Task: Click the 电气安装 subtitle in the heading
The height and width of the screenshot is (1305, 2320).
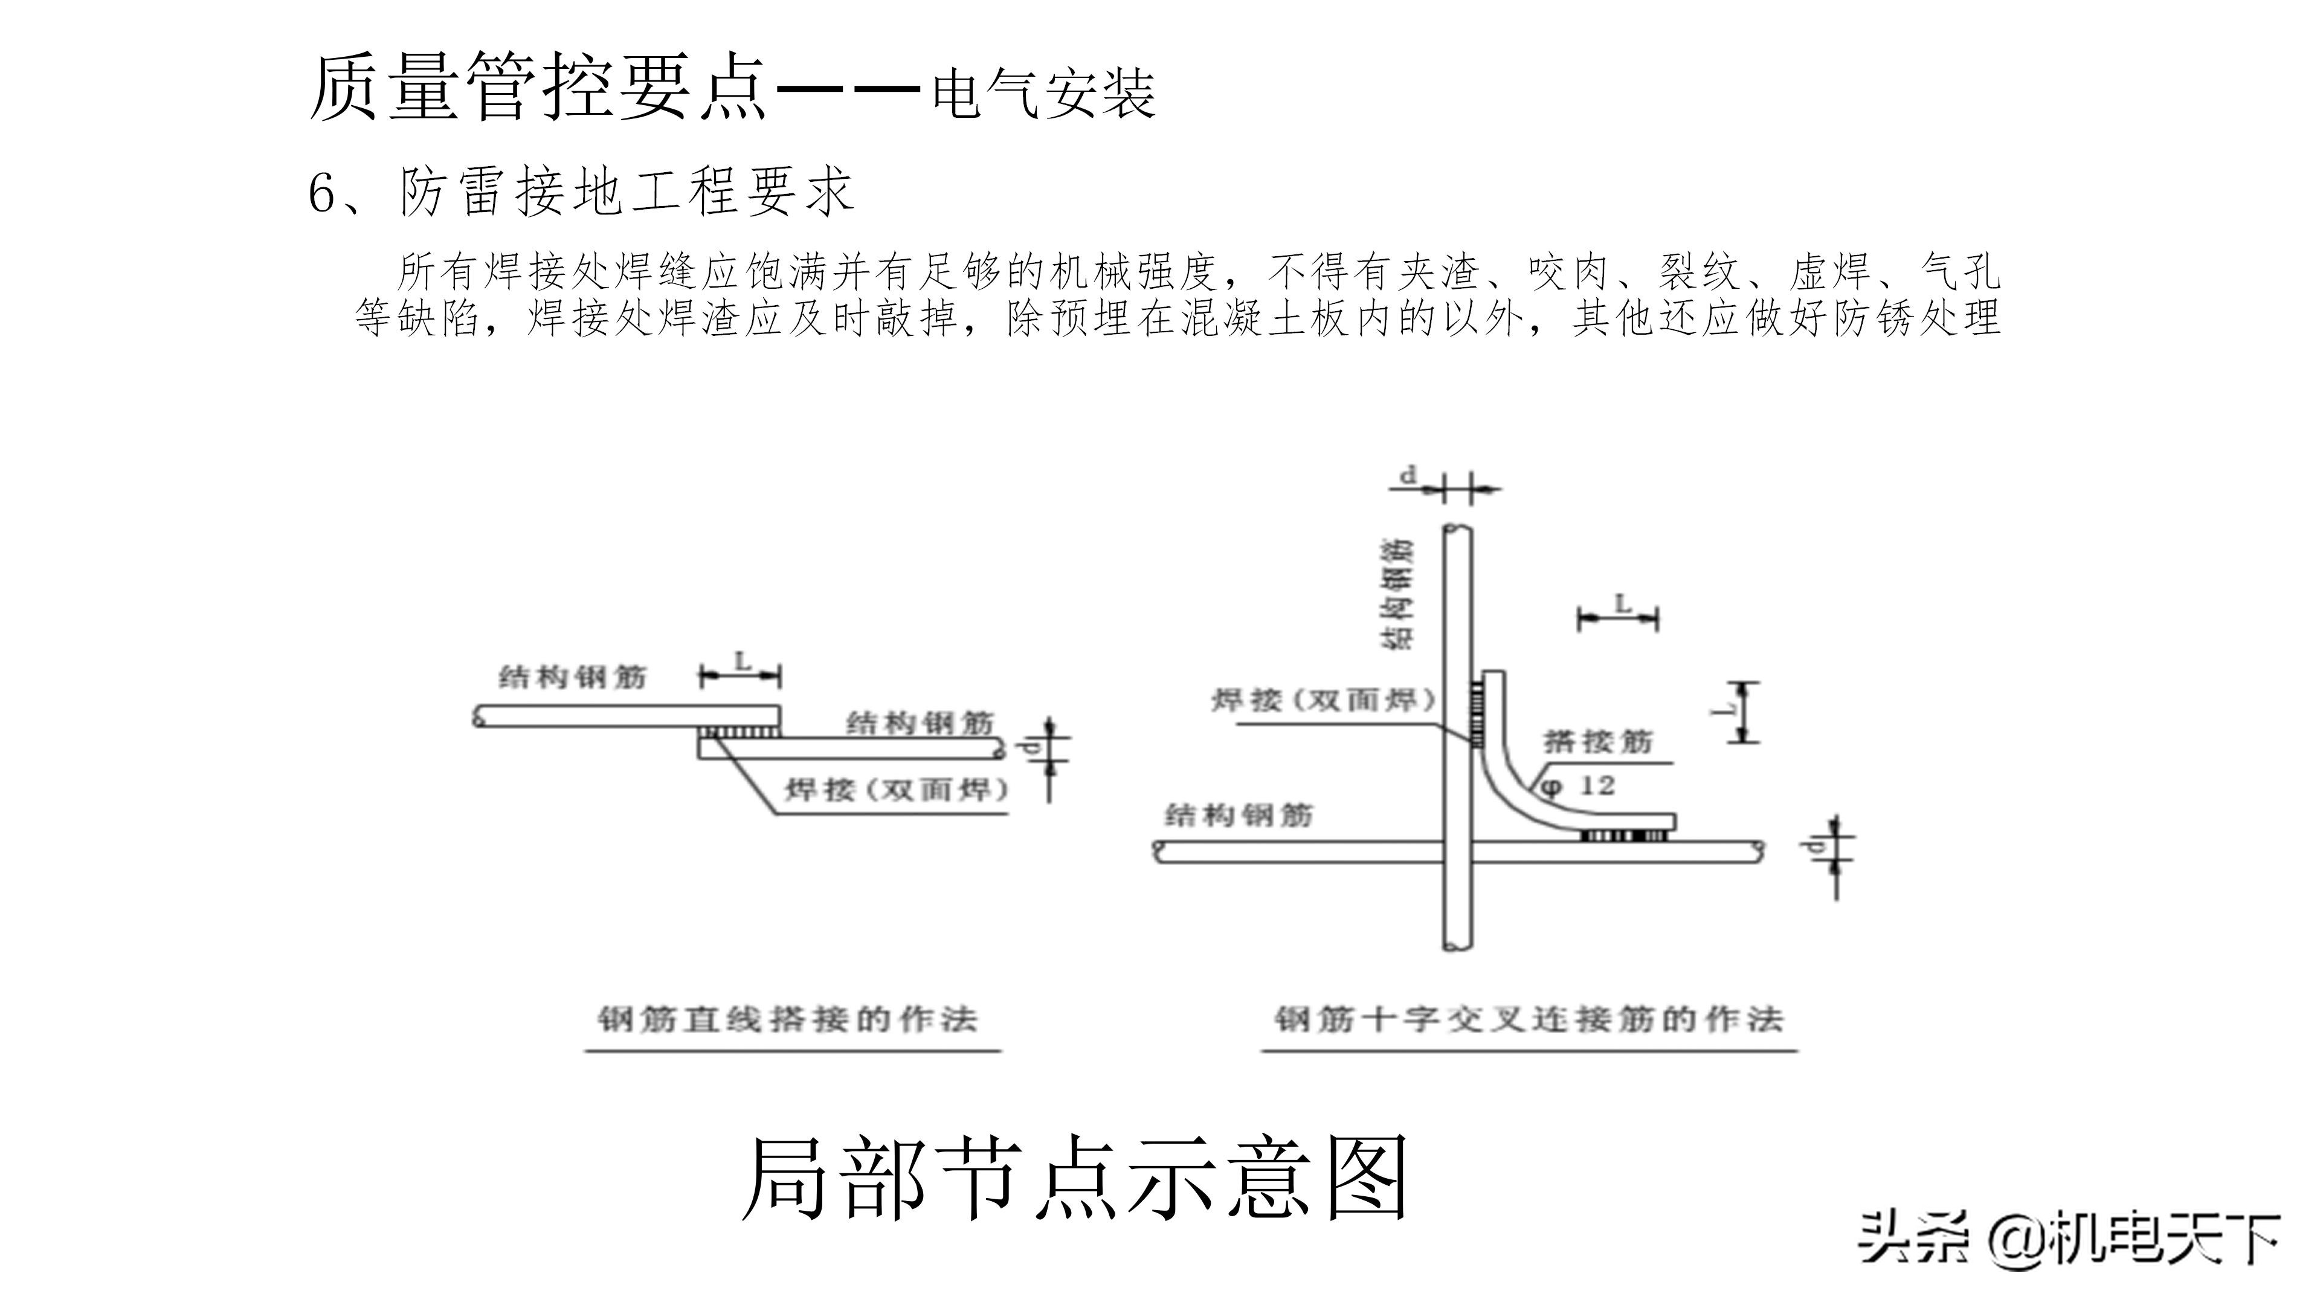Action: [x=1043, y=93]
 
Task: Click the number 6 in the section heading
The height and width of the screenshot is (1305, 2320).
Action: [x=323, y=193]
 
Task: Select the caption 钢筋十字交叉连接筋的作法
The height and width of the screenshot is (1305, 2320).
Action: [x=1529, y=1019]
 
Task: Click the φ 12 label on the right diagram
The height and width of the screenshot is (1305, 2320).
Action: [x=1578, y=786]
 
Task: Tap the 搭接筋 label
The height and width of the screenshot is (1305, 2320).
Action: [x=1599, y=741]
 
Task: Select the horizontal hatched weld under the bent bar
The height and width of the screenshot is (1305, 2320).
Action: [x=1623, y=836]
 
